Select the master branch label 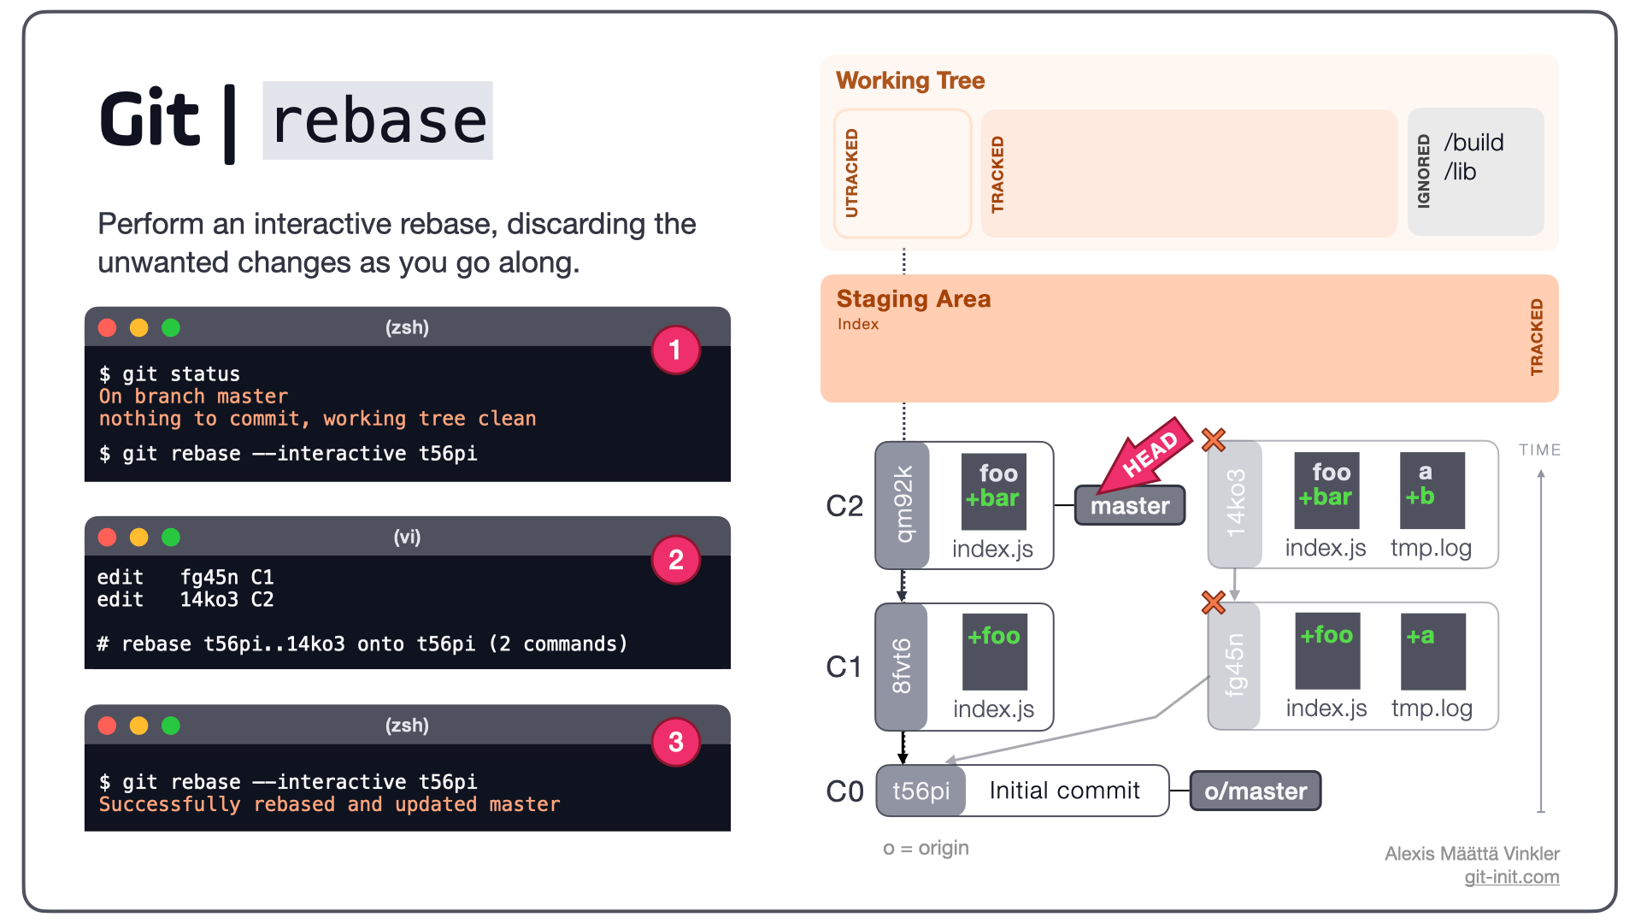(x=1130, y=505)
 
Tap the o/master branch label (x=1256, y=791)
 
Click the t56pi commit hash (x=921, y=791)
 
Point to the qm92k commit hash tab (x=903, y=505)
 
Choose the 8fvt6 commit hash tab (x=902, y=667)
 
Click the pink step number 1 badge (x=675, y=350)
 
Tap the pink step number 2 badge (x=675, y=560)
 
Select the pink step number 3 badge (x=675, y=742)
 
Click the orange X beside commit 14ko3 (x=1214, y=440)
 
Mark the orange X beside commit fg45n (x=1214, y=603)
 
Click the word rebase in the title (x=379, y=121)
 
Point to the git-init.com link (x=1512, y=877)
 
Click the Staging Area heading (x=914, y=298)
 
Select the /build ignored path (x=1474, y=143)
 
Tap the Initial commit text (x=1065, y=791)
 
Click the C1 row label (x=844, y=667)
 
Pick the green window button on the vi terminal (x=171, y=537)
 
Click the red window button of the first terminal (x=107, y=327)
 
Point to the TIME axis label (x=1540, y=450)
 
